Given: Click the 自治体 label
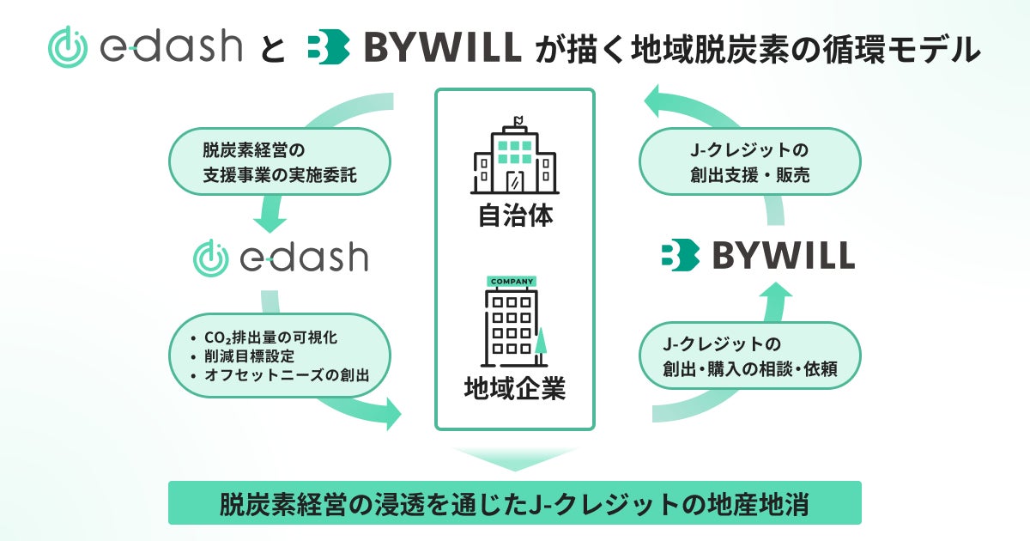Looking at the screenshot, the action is click(x=515, y=215).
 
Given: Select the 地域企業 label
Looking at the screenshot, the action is click(x=515, y=389).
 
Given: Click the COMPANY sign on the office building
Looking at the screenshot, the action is click(x=512, y=281).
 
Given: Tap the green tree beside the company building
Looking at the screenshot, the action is click(x=541, y=343).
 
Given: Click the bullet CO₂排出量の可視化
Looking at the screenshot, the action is click(x=267, y=337).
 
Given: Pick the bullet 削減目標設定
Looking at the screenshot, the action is click(x=249, y=356).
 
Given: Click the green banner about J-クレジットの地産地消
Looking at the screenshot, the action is click(x=515, y=502).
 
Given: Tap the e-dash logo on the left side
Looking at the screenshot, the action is click(x=281, y=256).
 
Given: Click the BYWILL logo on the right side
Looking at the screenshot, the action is click(x=758, y=256).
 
